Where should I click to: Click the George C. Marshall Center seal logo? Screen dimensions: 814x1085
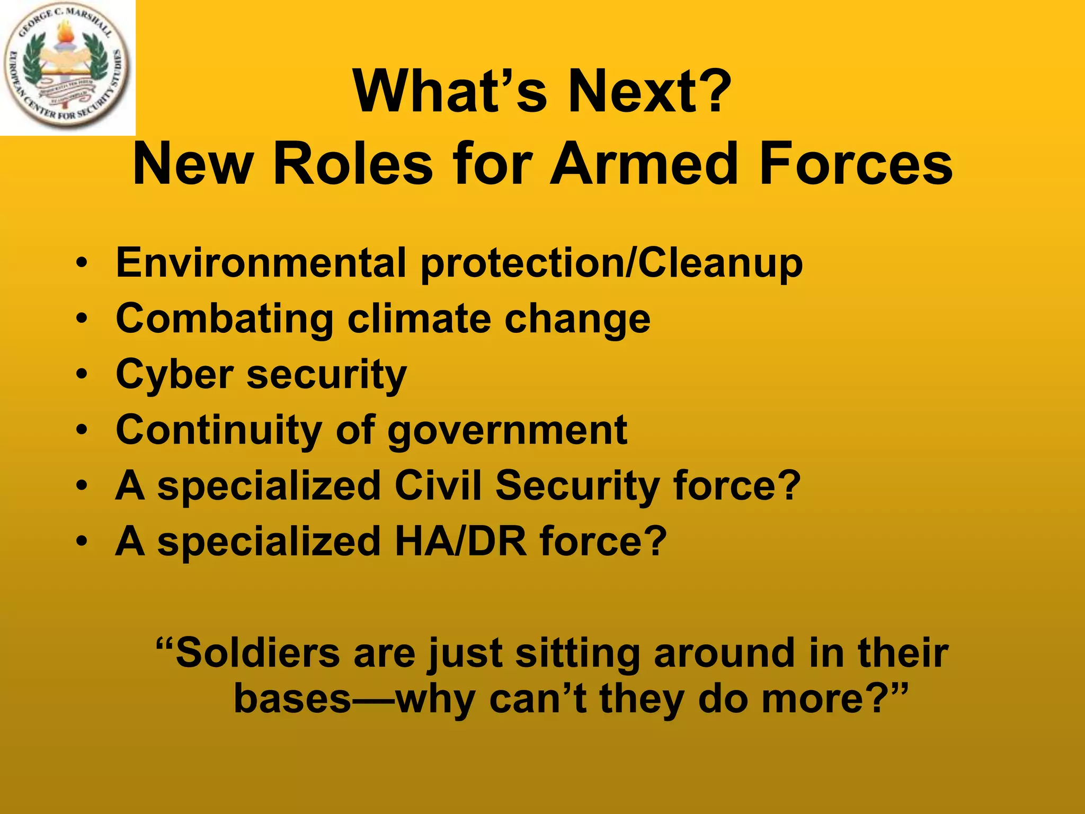(x=67, y=67)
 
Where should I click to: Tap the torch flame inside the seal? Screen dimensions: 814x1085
(x=66, y=33)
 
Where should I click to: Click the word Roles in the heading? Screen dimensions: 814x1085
(x=352, y=164)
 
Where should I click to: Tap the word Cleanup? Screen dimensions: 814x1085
(x=720, y=263)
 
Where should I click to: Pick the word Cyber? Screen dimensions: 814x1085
(x=174, y=376)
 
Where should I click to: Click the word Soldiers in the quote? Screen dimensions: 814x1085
(x=257, y=653)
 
